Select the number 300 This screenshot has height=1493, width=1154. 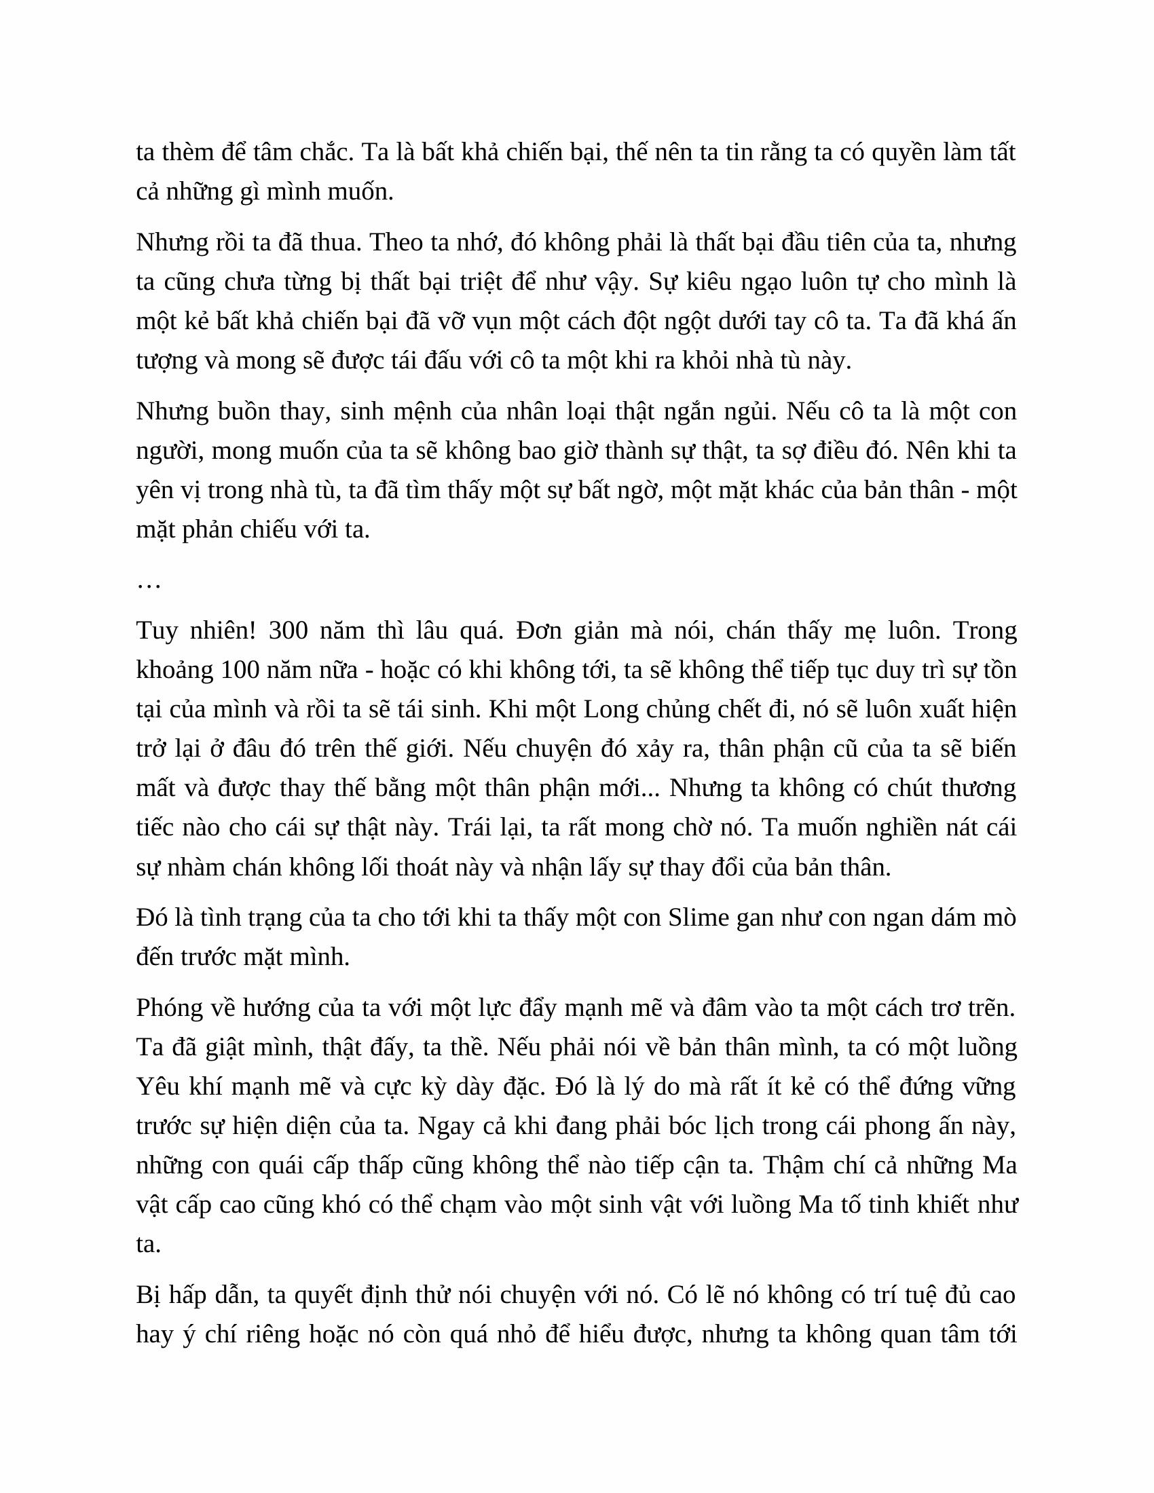[x=290, y=630]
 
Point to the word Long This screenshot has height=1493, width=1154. [x=608, y=710]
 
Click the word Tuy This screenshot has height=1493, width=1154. [x=156, y=630]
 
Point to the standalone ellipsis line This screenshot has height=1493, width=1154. [x=149, y=583]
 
